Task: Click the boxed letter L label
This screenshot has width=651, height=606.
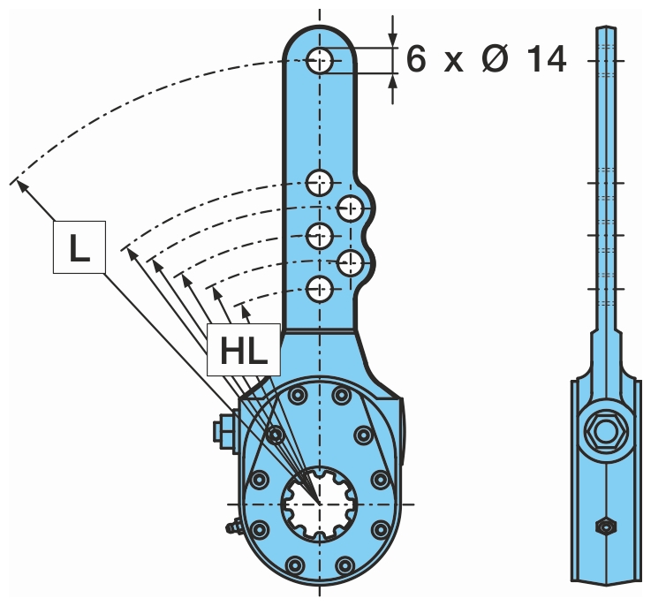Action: (79, 246)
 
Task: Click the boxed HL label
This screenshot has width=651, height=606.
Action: (244, 351)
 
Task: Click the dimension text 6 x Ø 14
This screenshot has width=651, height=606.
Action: (486, 60)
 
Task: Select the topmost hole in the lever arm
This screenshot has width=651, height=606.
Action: (320, 61)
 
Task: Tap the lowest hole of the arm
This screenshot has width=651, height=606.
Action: (320, 287)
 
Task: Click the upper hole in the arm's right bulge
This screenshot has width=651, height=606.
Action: (351, 208)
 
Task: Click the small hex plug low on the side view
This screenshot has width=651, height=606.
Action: (606, 526)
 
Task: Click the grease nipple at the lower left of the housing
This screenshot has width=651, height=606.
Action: (233, 529)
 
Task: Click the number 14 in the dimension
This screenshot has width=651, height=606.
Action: (544, 60)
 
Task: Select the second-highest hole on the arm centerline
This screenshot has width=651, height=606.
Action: (320, 183)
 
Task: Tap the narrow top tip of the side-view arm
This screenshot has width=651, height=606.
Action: (606, 32)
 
